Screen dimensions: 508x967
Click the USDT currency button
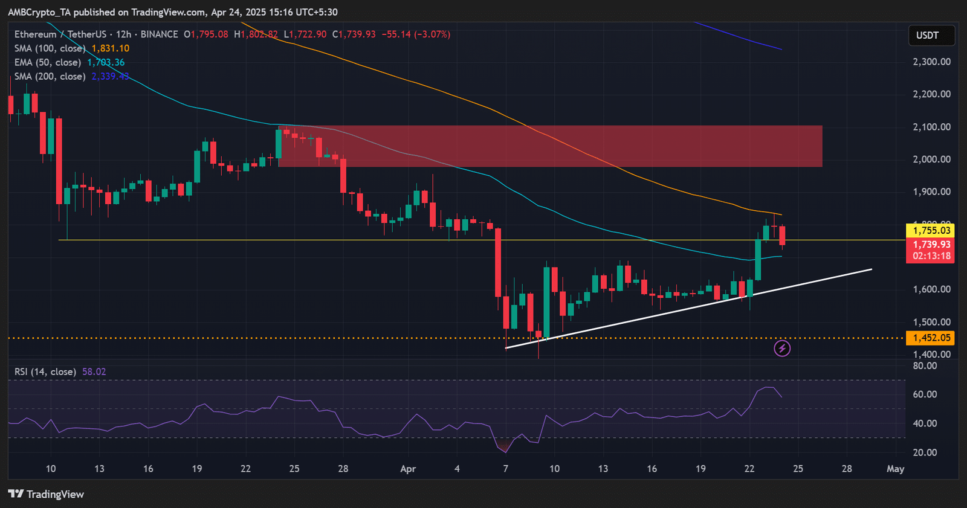coord(931,36)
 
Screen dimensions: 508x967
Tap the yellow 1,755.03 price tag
coord(931,230)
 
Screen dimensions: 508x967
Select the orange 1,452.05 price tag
coord(931,338)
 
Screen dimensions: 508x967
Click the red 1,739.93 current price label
coord(931,245)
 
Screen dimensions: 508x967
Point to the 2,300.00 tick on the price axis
coord(931,62)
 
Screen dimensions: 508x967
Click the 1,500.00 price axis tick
coord(931,322)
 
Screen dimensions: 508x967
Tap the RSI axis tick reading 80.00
coord(925,365)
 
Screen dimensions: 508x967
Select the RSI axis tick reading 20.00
coord(925,452)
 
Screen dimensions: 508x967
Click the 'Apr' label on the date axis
coord(408,469)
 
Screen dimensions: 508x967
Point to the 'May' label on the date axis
coord(895,469)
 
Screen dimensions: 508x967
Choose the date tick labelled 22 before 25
coord(245,469)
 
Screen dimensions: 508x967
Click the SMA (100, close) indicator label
coord(50,48)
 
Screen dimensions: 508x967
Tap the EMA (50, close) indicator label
coord(48,62)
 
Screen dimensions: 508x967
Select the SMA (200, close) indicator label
coord(50,76)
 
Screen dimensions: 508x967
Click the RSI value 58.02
coord(94,371)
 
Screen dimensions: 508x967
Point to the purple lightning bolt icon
coord(782,349)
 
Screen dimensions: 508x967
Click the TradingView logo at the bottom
coord(46,494)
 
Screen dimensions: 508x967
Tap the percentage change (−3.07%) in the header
coord(432,34)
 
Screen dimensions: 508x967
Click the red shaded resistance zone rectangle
coord(550,146)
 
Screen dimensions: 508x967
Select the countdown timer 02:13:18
coord(931,256)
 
